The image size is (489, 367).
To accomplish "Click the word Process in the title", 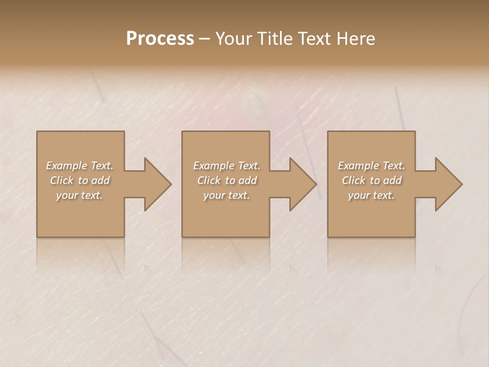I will (x=160, y=39).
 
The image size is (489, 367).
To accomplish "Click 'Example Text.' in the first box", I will (x=79, y=166).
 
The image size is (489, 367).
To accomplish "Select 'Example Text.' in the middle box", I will (x=226, y=166).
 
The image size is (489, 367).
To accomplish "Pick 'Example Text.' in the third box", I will (x=371, y=166).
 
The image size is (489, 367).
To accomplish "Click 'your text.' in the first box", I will (x=79, y=195).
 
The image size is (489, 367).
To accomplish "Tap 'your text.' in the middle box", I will (x=226, y=195).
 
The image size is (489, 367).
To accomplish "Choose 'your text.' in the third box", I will (x=371, y=195).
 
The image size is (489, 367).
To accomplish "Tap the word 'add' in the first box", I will (x=101, y=180).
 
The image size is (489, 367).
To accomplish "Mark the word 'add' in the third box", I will (x=393, y=180).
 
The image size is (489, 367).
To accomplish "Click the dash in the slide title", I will (x=205, y=39).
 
